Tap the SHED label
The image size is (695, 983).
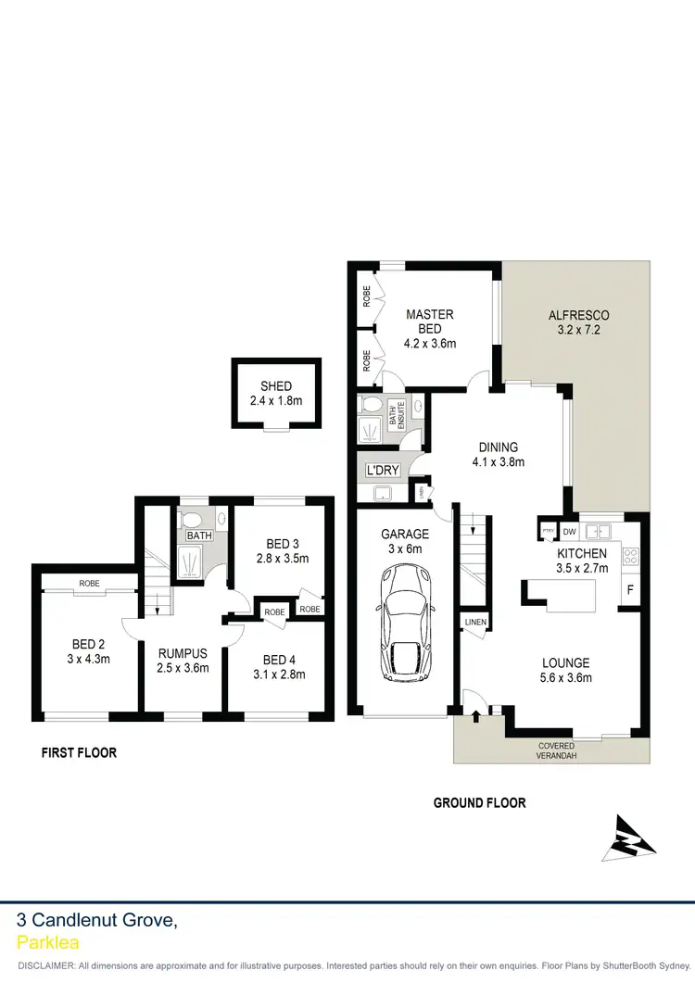(x=276, y=386)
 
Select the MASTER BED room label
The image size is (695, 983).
(x=429, y=321)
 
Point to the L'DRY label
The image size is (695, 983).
(x=383, y=471)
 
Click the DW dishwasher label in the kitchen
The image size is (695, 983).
(x=569, y=532)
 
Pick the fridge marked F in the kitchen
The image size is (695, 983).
(x=630, y=589)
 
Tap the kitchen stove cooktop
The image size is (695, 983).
(x=630, y=557)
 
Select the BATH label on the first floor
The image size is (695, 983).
(x=199, y=536)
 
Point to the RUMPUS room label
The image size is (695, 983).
(x=183, y=653)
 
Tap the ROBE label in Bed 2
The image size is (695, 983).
(x=89, y=584)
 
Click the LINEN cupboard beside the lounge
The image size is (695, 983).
(x=474, y=621)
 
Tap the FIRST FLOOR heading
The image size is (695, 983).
(x=79, y=753)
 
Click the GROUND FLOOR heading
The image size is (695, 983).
(x=479, y=803)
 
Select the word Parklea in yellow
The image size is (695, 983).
(x=48, y=943)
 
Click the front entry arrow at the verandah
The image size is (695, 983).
(x=476, y=714)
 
